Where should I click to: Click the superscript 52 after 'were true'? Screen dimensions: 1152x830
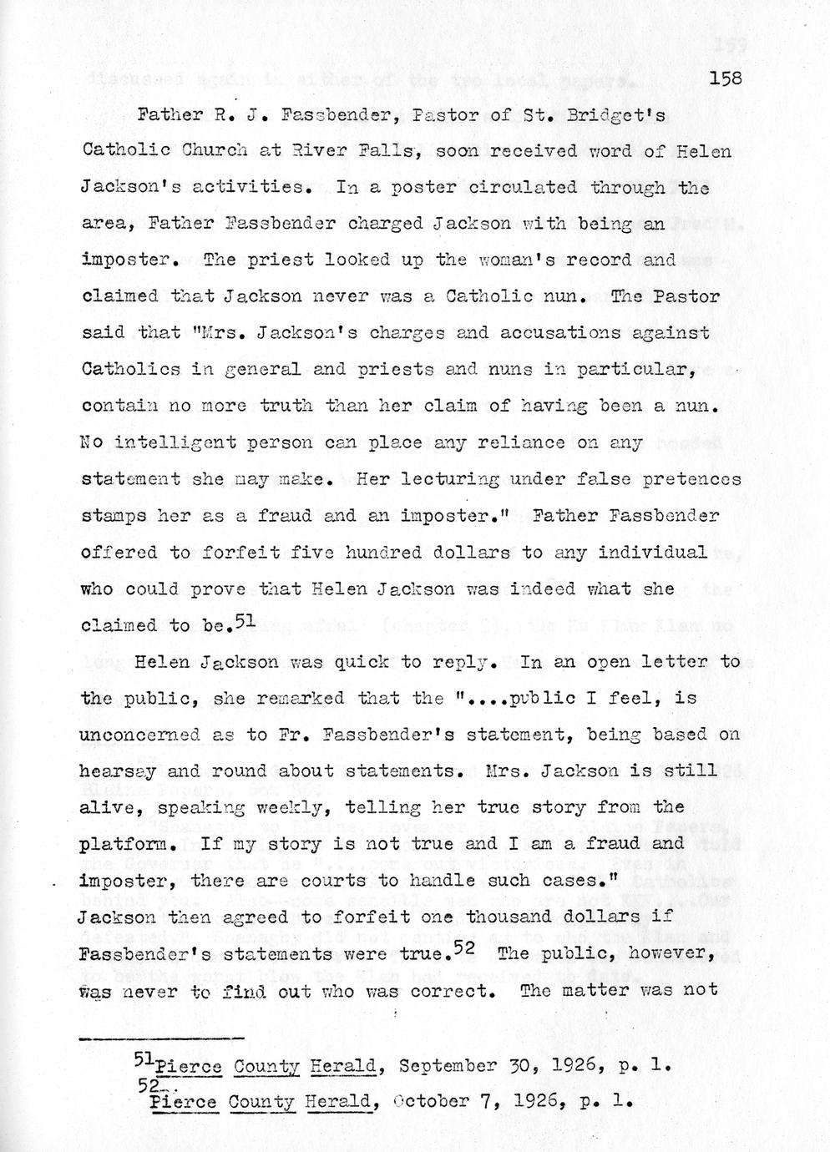click(x=464, y=947)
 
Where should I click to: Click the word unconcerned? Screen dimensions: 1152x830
click(x=139, y=735)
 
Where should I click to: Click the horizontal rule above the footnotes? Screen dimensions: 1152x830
click(x=161, y=1038)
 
